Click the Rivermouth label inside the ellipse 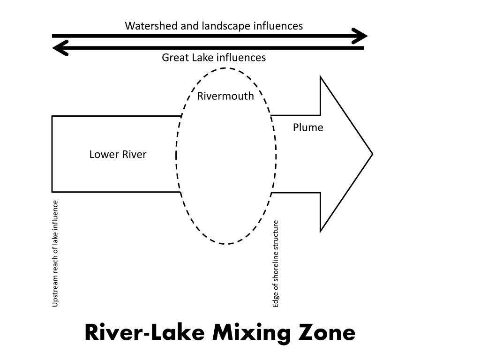click(225, 96)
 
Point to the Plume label click(308, 127)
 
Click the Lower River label click(118, 154)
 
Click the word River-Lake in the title click(145, 333)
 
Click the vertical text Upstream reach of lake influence click(55, 254)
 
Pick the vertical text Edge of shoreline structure click(276, 264)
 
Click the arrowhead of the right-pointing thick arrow click(361, 36)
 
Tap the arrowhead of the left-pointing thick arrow click(60, 47)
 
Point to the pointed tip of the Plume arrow click(372, 154)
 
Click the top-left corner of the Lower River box click(52, 116)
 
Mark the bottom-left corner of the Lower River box click(52, 192)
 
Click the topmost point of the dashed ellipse click(226, 68)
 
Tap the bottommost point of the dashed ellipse click(226, 244)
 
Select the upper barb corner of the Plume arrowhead click(320, 76)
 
